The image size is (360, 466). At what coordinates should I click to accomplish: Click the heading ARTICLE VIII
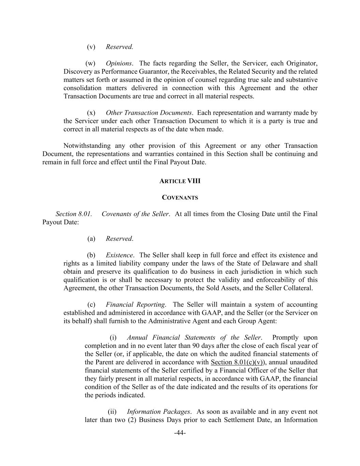pyautogui.click(x=180, y=181)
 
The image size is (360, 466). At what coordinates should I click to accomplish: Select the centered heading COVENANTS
pyautogui.click(x=180, y=198)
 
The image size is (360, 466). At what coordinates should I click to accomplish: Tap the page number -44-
pyautogui.click(x=180, y=433)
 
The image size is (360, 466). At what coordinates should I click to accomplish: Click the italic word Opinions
pyautogui.click(x=118, y=63)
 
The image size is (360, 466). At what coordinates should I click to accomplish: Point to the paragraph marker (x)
pyautogui.click(x=91, y=113)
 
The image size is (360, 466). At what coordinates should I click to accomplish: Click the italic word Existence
pyautogui.click(x=119, y=255)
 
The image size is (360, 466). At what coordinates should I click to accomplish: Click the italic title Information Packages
pyautogui.click(x=158, y=412)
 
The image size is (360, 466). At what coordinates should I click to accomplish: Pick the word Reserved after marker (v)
pyautogui.click(x=119, y=47)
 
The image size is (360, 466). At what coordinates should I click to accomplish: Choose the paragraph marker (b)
pyautogui.click(x=91, y=255)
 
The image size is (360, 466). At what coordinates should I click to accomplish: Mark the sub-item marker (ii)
pyautogui.click(x=112, y=412)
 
